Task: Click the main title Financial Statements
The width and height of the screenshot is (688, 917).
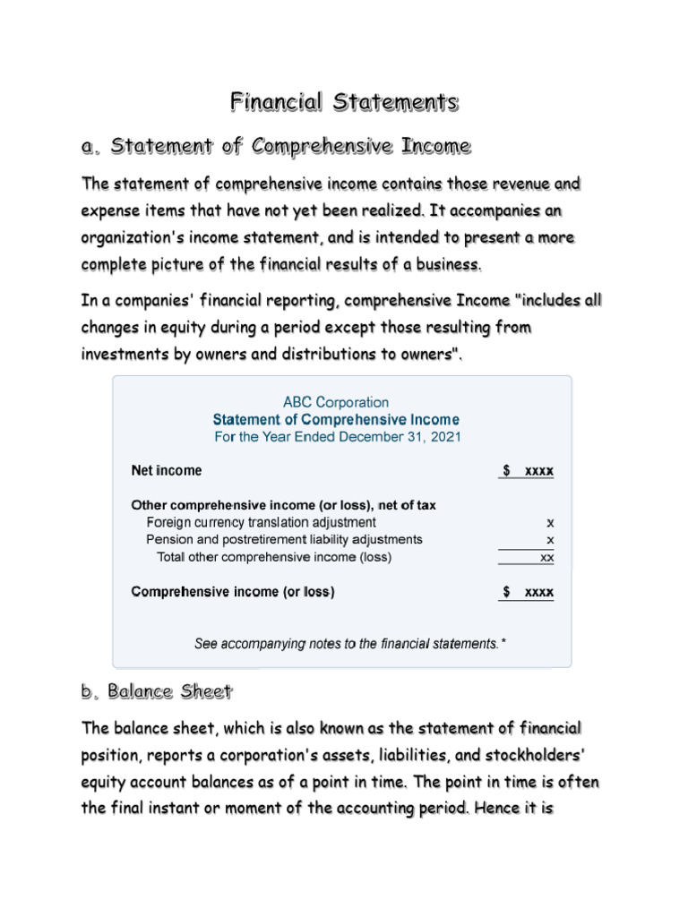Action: click(344, 102)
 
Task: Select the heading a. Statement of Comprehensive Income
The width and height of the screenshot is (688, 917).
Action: click(276, 145)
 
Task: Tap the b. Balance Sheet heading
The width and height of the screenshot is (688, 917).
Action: click(157, 691)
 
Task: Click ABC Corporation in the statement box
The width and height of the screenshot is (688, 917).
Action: click(336, 403)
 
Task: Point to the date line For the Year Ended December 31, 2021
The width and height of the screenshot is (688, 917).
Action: click(337, 437)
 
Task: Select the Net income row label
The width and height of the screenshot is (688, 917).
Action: click(167, 470)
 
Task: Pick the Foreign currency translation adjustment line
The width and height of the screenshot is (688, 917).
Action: click(261, 522)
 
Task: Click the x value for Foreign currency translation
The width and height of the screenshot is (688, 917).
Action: click(550, 522)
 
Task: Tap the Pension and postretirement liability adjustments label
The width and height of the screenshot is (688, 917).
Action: click(284, 540)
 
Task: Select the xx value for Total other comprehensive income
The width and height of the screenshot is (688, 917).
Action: click(546, 558)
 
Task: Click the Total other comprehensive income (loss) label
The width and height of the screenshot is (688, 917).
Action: click(274, 557)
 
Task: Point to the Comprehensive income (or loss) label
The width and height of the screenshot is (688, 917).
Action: click(233, 592)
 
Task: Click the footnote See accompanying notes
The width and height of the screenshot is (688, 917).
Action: click(350, 643)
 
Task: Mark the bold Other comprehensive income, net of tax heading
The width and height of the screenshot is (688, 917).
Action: click(284, 505)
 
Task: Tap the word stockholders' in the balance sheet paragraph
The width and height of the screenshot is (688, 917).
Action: click(534, 754)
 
